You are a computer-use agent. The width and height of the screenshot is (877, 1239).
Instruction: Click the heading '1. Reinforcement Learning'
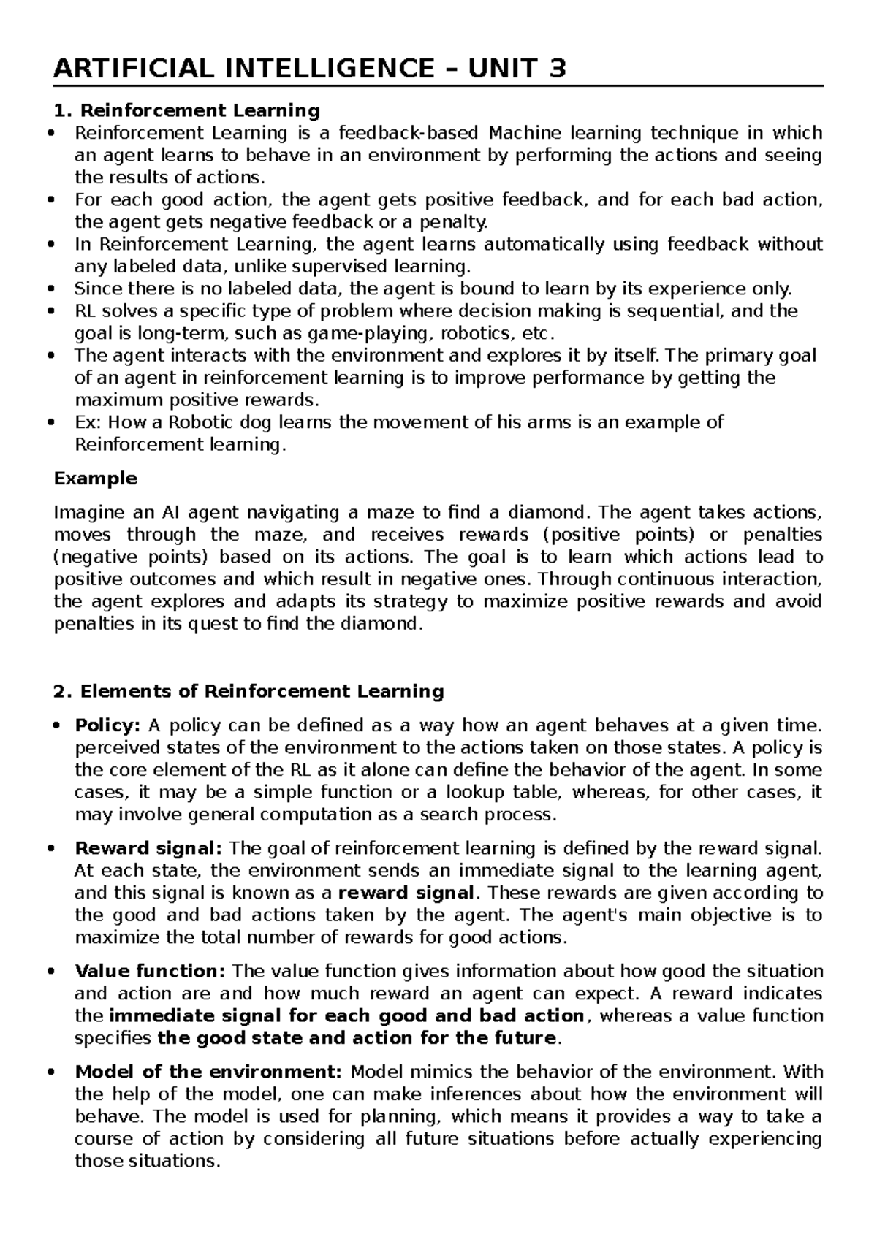187,110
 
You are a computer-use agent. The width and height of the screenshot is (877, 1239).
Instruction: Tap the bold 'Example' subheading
96,479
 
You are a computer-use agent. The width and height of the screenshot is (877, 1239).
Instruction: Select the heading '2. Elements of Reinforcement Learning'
249,691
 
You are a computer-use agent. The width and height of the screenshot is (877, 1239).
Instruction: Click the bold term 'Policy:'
107,725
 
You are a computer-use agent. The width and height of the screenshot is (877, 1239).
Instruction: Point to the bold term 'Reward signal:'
148,848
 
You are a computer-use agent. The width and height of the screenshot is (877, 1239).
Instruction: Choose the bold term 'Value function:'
151,971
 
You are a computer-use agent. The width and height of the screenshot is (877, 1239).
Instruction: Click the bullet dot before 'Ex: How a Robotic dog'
50,423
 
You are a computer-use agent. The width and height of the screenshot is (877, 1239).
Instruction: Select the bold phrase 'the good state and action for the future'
357,1038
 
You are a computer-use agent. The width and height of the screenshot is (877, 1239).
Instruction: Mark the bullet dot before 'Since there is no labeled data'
50,289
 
